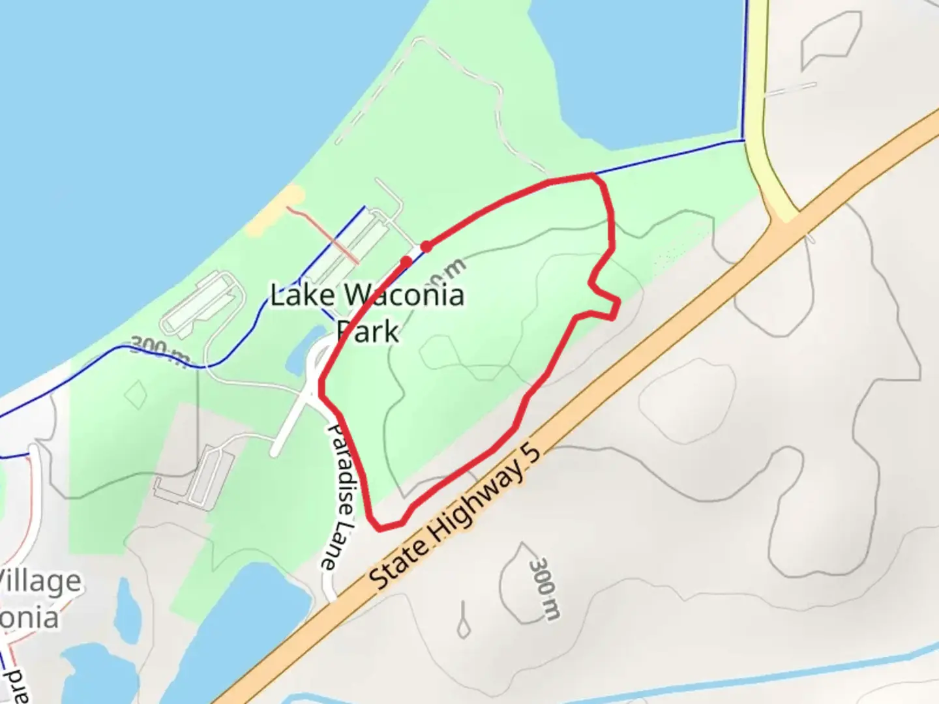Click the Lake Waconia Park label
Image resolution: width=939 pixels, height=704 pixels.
pyautogui.click(x=367, y=313)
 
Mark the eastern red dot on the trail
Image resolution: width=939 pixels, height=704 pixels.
pyautogui.click(x=426, y=246)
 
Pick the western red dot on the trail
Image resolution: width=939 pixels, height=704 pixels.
pyautogui.click(x=406, y=261)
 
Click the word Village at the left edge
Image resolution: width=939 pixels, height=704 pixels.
pyautogui.click(x=40, y=580)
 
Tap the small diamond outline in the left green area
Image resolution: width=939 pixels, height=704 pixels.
pyautogui.click(x=136, y=394)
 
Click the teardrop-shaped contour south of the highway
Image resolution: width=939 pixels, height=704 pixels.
pyautogui.click(x=463, y=623)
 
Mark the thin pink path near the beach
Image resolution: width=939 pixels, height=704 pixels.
pyautogui.click(x=323, y=235)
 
